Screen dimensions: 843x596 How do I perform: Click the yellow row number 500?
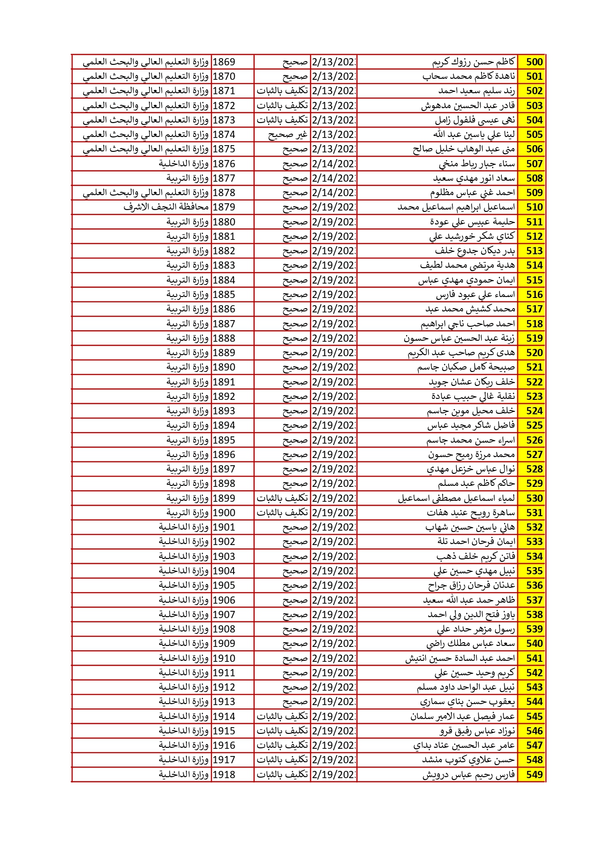(534, 62)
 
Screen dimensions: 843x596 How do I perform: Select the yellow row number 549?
(534, 774)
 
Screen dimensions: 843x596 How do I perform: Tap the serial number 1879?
(224, 207)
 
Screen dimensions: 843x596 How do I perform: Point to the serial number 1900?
(224, 513)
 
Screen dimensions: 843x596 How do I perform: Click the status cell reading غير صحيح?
(287, 135)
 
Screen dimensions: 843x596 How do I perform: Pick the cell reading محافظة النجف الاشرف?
(166, 207)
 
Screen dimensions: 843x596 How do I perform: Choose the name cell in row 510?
(456, 207)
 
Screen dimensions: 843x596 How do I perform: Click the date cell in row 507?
(334, 164)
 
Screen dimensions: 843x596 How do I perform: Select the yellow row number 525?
(534, 425)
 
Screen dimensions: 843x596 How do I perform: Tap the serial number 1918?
(224, 774)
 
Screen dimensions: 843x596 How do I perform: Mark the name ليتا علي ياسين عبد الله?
(474, 135)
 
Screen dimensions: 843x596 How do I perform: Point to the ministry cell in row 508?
(187, 178)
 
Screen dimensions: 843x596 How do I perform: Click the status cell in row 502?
(282, 91)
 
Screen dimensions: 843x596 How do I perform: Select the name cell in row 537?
(469, 600)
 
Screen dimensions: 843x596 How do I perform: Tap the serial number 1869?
(224, 62)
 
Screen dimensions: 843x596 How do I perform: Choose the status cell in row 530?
(282, 498)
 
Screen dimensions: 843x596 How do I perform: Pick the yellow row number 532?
(534, 527)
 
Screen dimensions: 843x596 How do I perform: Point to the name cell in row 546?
(477, 731)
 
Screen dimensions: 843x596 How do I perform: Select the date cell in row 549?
(334, 774)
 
